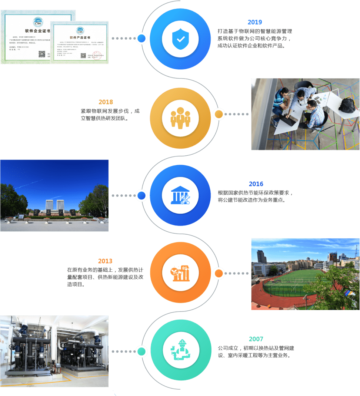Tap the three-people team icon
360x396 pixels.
(x=180, y=118)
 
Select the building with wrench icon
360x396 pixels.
(x=180, y=195)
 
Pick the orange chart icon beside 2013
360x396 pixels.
(x=180, y=273)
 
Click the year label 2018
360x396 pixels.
(x=106, y=102)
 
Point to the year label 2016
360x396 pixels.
(x=256, y=184)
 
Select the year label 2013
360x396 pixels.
(x=106, y=261)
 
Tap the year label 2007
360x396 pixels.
(x=256, y=339)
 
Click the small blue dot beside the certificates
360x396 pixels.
(x=141, y=38)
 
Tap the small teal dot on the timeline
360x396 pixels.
(x=141, y=351)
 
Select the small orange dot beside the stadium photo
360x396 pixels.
(x=219, y=274)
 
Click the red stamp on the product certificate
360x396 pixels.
(x=97, y=56)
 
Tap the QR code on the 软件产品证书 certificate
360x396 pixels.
(x=83, y=56)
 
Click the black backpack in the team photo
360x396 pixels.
(x=347, y=105)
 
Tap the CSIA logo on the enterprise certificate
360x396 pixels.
(x=38, y=22)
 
